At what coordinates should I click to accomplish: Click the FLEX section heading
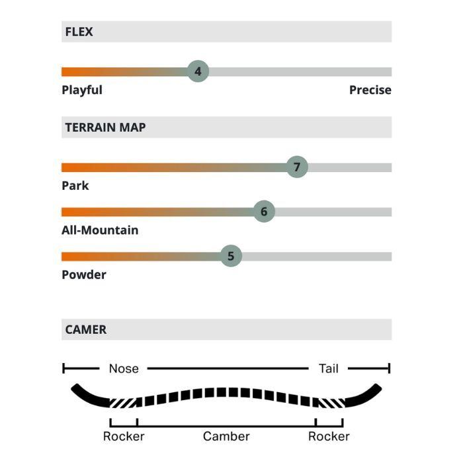point(79,32)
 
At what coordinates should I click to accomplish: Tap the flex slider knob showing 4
point(198,71)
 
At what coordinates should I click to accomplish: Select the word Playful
point(82,90)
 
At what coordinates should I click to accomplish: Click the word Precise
point(370,90)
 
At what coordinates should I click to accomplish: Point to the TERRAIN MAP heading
point(105,128)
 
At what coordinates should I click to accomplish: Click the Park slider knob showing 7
point(297,167)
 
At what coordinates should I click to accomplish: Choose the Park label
point(75,186)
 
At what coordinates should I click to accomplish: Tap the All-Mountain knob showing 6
point(264,212)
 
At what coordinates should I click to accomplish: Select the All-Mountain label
point(100,230)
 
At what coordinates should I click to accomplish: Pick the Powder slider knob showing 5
point(231,256)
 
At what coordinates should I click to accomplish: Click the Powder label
point(84,274)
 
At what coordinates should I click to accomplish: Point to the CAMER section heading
point(85,329)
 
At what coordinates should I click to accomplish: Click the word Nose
point(124,368)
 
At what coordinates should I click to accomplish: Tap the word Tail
point(329,368)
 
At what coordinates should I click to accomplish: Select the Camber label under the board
point(226,437)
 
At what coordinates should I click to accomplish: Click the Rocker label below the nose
point(124,437)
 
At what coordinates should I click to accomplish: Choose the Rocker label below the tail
point(329,437)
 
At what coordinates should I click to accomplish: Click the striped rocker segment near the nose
point(124,402)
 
